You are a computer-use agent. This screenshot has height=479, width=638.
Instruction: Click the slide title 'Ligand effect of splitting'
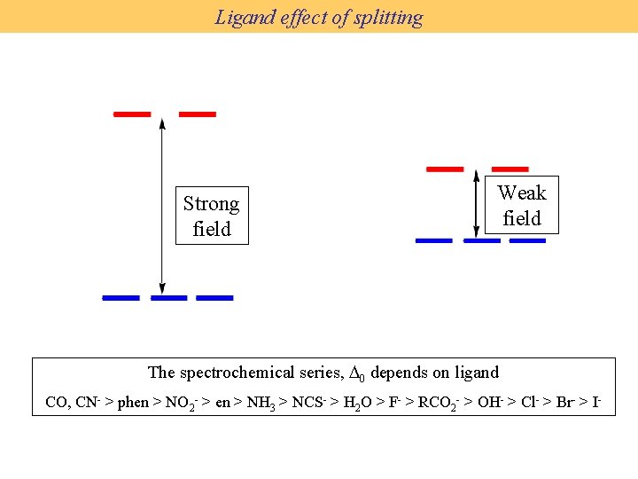319,17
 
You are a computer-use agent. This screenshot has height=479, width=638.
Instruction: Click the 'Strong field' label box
211,216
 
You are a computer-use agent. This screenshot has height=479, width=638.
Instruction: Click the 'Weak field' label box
521,205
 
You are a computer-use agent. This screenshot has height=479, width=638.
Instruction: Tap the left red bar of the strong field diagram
133,114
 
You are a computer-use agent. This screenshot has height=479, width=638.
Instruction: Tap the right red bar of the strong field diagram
198,114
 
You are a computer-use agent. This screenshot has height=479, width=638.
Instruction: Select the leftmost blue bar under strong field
121,298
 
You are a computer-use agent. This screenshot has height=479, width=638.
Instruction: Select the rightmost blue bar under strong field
214,298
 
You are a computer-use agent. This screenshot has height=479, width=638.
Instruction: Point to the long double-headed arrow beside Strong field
161,204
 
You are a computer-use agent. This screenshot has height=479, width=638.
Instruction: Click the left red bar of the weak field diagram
445,169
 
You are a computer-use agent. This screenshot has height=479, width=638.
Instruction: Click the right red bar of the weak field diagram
510,169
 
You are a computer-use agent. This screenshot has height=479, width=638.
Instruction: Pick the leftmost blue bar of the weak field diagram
434,240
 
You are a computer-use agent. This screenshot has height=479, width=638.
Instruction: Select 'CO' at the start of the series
56,402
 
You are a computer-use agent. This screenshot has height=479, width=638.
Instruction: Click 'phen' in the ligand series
133,402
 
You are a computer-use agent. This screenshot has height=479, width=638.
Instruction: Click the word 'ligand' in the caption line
477,373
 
